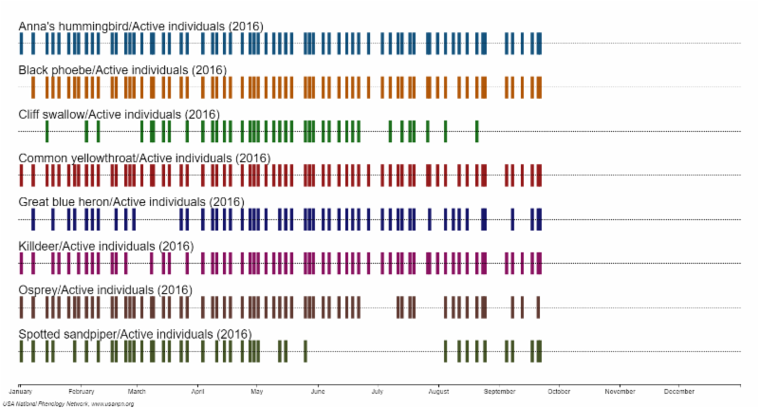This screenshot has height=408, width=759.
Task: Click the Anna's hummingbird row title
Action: (140, 26)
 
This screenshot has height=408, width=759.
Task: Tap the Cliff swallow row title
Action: (119, 115)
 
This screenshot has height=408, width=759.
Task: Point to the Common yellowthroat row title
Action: (144, 158)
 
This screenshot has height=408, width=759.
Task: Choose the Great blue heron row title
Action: (131, 202)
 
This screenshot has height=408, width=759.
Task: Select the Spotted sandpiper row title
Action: (135, 334)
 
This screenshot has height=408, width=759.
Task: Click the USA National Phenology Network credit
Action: (67, 403)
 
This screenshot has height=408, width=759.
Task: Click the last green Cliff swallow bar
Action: (476, 131)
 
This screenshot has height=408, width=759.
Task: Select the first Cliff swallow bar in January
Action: (47, 131)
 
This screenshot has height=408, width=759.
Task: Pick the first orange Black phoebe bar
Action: (33, 87)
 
